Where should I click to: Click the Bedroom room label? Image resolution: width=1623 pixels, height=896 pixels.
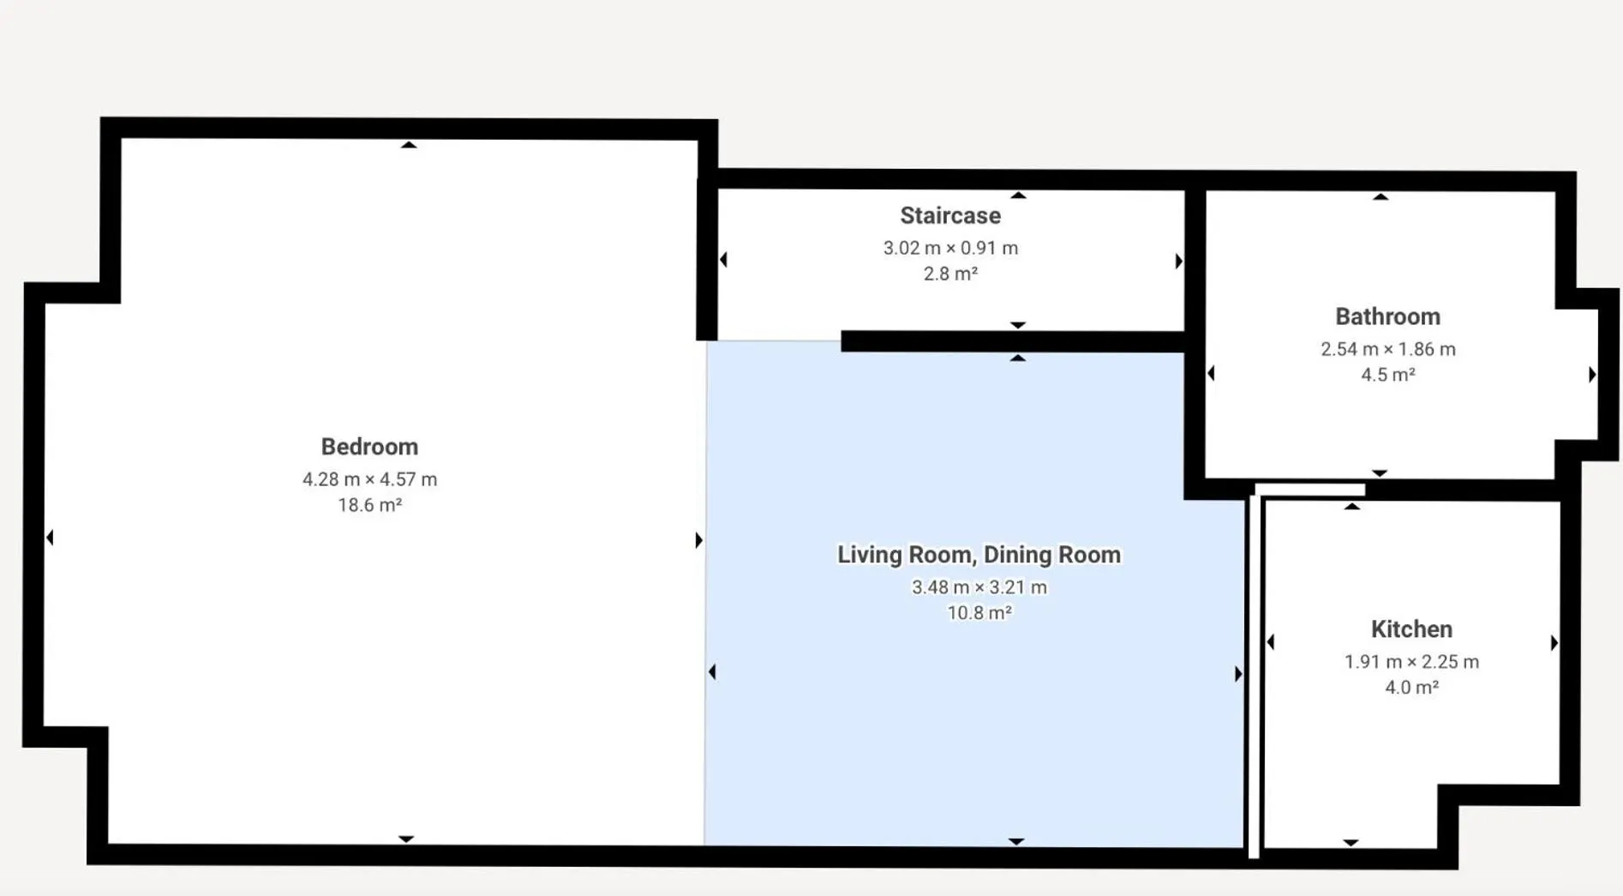(369, 447)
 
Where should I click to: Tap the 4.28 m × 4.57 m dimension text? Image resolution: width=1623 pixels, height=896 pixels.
(369, 479)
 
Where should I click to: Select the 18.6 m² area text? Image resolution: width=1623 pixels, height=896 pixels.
(369, 505)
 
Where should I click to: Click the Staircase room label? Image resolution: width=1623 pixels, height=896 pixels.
(950, 215)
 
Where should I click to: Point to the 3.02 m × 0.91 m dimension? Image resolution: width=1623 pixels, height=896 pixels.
(950, 248)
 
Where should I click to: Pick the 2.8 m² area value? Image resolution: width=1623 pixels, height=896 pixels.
(950, 274)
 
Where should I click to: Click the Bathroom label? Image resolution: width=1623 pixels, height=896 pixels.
(1387, 316)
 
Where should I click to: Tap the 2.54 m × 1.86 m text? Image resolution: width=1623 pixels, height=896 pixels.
(1387, 349)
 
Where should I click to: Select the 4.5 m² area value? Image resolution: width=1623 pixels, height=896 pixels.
(1387, 375)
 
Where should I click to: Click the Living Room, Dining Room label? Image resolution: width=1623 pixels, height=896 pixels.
(979, 555)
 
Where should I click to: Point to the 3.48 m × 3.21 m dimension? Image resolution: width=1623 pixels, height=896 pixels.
(979, 587)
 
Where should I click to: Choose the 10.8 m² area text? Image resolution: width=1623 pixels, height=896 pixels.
(979, 613)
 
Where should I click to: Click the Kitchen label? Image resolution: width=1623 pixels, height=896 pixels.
(1411, 629)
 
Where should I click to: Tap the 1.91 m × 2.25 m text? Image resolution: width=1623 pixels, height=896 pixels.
(1411, 662)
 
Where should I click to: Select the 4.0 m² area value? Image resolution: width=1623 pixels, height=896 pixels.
(1411, 688)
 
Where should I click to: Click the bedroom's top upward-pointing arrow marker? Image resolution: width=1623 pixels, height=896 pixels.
(409, 145)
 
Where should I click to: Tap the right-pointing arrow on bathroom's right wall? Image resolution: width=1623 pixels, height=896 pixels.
(1592, 375)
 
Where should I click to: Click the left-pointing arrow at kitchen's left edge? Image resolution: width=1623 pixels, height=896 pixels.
(1271, 642)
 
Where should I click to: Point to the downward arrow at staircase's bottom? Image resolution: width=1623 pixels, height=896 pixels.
(1017, 325)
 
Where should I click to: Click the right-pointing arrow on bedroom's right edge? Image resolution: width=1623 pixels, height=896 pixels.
(698, 540)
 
